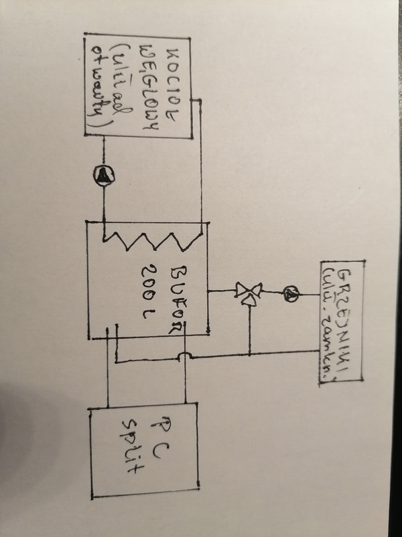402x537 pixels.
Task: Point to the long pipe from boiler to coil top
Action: [x=201, y=168]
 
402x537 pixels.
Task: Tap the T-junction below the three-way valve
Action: [x=249, y=354]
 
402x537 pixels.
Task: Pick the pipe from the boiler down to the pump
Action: [x=104, y=151]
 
